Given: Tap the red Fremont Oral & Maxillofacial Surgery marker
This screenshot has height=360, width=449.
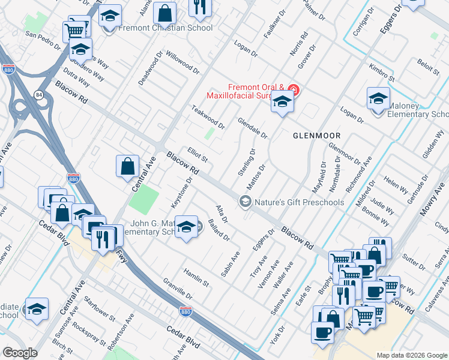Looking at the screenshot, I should (x=293, y=91).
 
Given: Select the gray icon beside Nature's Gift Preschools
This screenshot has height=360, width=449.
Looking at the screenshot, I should (x=244, y=202).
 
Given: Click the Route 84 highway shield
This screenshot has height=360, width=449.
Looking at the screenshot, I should (x=39, y=95).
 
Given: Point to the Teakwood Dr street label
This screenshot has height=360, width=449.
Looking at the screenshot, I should (x=208, y=118).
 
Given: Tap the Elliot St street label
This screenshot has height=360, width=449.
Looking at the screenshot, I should (x=197, y=155).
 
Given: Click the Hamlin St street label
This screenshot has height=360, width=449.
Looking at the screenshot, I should (x=196, y=277).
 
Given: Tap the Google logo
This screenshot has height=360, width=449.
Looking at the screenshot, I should (x=20, y=353).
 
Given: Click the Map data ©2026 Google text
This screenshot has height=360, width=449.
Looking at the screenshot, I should (x=411, y=355).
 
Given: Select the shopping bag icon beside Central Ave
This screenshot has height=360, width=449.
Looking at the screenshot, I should (x=128, y=167).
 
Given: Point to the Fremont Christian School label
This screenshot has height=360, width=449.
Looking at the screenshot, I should (x=166, y=28).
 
